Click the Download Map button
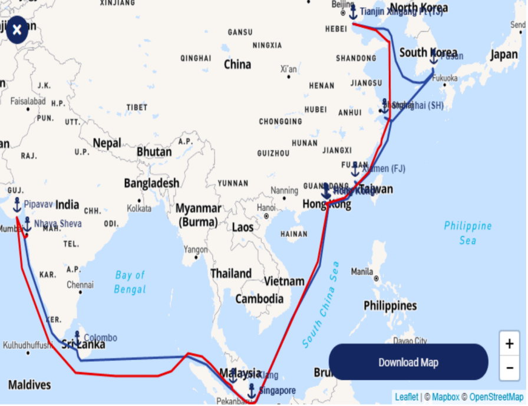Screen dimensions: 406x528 408,362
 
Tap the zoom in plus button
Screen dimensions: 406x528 509,344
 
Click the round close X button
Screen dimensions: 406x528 17,29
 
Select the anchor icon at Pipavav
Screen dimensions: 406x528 17,205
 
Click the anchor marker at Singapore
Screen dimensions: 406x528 252,390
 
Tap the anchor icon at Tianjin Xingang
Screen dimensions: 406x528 353,12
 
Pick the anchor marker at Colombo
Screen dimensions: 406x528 77,338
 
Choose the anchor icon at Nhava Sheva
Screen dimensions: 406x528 27,224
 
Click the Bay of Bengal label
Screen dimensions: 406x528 130,282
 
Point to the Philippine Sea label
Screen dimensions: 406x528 467,233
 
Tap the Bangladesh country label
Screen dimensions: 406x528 151,184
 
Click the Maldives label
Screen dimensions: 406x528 29,385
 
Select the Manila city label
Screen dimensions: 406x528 361,272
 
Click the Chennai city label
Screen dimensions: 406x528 80,285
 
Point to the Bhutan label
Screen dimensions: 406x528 154,152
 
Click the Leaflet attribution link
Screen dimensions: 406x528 407,397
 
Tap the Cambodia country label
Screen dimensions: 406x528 259,299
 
